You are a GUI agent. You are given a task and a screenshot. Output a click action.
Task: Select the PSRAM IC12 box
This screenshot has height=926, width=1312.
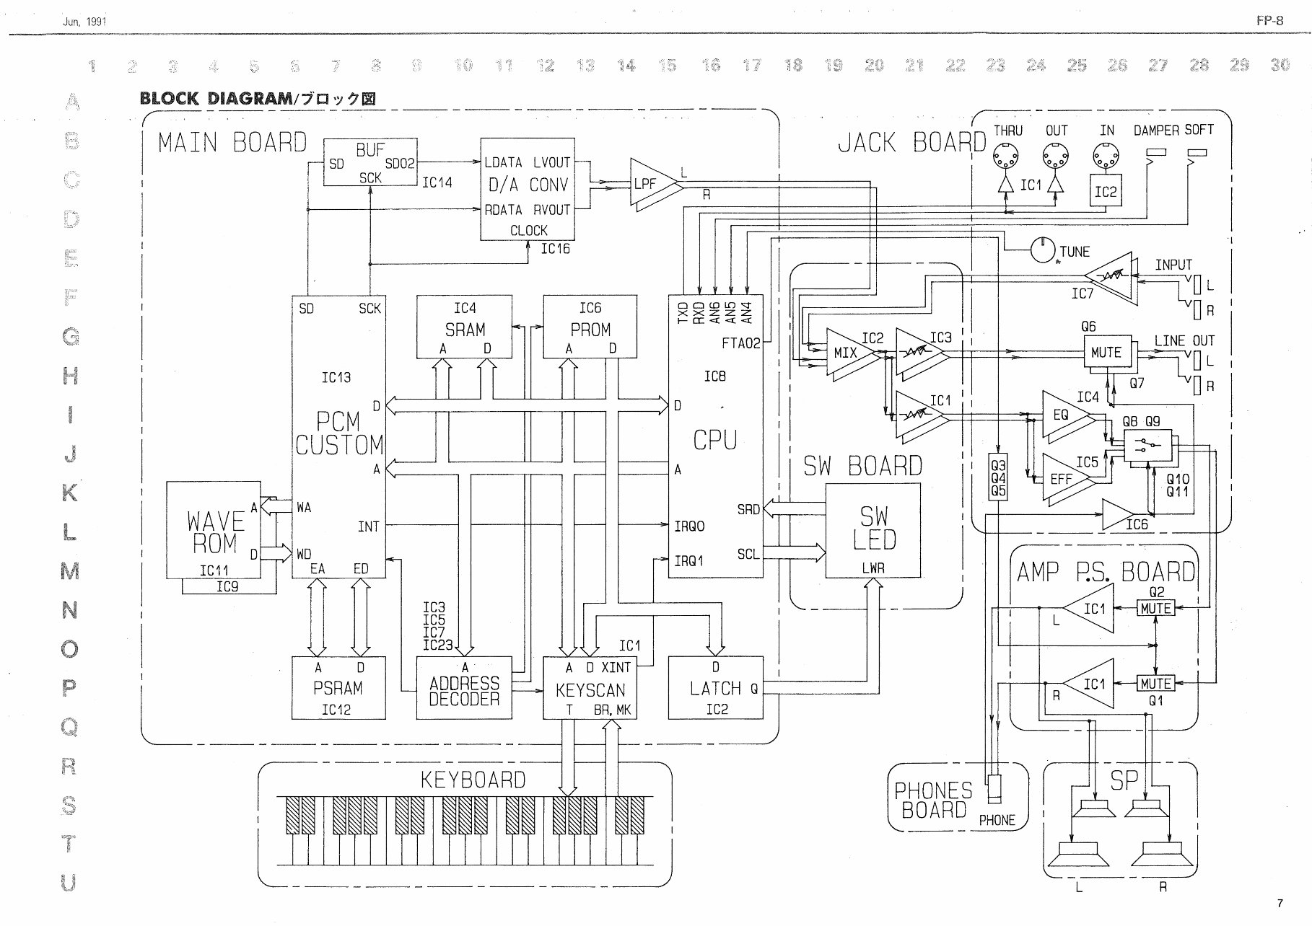tap(338, 687)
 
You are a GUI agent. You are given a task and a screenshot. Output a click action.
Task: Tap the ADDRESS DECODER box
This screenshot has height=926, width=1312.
tap(464, 687)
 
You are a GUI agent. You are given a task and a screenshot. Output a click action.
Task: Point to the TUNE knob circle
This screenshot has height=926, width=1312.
tap(1042, 250)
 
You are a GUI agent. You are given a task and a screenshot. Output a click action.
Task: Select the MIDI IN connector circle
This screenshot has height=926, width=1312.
tap(1105, 155)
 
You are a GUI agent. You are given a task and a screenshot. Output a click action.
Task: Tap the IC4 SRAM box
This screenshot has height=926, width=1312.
tap(464, 326)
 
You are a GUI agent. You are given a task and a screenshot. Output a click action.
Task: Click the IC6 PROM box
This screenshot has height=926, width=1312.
tap(590, 326)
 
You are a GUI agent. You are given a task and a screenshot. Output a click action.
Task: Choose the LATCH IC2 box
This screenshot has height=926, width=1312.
tap(715, 687)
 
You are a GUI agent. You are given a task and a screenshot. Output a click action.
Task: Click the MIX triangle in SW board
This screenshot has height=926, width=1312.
tap(846, 353)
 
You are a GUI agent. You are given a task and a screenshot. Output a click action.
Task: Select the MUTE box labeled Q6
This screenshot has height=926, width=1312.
tap(1106, 353)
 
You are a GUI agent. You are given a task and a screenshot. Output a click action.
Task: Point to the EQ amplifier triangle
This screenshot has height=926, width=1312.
tap(1064, 415)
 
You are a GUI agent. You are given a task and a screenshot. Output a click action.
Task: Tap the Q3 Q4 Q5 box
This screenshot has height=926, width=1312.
tap(997, 477)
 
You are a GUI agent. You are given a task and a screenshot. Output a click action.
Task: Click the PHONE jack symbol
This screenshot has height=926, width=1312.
tap(996, 789)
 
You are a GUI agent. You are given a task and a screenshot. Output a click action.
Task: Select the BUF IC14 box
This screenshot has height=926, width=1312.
tap(369, 162)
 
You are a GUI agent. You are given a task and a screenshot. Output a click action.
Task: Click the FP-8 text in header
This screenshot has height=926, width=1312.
tap(1269, 21)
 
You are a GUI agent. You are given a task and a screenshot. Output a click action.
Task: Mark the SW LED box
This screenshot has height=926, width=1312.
tap(873, 530)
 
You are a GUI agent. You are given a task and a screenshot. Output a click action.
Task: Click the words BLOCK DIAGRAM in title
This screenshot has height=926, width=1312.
tap(215, 99)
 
